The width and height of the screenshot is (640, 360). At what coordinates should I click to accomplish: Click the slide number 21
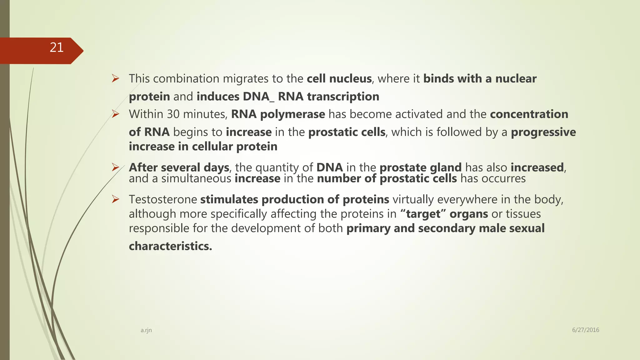(57, 47)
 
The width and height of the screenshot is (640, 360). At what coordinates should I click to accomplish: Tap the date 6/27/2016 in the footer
(585, 330)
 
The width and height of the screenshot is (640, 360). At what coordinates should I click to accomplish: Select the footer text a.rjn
(146, 330)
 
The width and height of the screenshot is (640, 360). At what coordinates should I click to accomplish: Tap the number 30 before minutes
(173, 114)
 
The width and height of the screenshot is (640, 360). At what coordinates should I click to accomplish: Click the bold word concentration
(529, 114)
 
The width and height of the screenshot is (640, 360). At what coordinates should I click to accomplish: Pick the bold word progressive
(543, 132)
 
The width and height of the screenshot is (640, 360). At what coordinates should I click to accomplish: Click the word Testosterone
(163, 199)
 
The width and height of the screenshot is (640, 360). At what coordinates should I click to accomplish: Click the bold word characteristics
(170, 246)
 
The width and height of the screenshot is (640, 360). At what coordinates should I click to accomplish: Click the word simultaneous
(196, 179)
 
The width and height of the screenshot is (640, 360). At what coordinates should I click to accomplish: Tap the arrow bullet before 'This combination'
(116, 79)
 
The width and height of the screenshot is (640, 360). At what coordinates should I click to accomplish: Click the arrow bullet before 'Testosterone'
(116, 199)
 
